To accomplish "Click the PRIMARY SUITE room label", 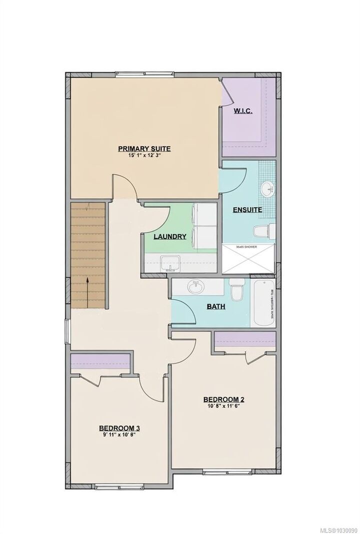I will coord(144,148).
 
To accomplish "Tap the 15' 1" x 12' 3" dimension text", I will coord(144,156).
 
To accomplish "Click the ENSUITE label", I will coord(246,210).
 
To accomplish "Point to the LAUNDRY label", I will coord(170,236).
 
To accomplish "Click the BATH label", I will coord(216,306).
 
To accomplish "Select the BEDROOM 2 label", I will coord(223,399).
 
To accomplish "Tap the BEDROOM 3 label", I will coord(118,428).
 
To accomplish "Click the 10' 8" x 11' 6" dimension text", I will coord(223,406).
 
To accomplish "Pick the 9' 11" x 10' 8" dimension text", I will coord(118,435).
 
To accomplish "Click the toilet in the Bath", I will coord(236,289).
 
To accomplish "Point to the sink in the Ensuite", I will coord(266,189).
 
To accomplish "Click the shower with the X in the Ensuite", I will coord(248,259).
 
